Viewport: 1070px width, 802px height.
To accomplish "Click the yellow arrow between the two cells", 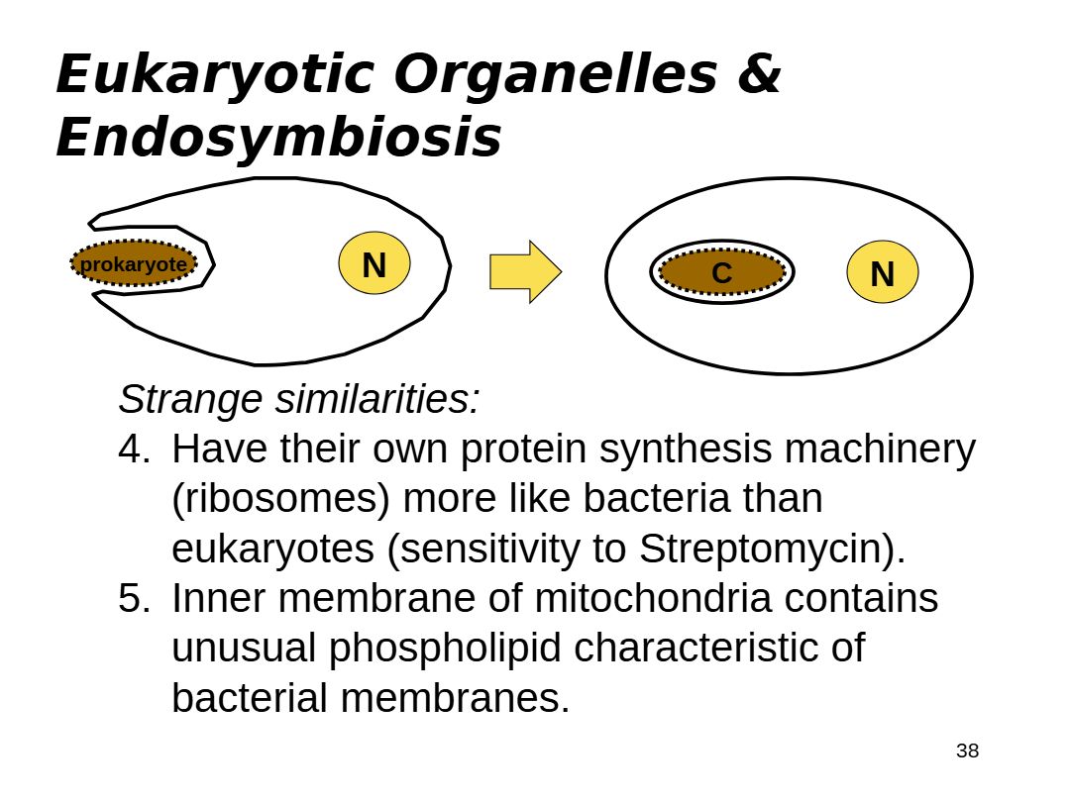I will click(x=524, y=271).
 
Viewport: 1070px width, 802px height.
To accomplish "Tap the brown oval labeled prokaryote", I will click(x=134, y=264).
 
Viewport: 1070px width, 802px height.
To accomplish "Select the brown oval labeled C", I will click(x=721, y=272).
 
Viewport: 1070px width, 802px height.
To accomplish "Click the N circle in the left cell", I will click(x=374, y=264).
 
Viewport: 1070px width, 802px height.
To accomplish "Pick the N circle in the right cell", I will click(x=882, y=272).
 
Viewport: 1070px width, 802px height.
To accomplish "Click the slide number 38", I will click(x=967, y=751).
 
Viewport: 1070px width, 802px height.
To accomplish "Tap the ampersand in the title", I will click(x=759, y=74).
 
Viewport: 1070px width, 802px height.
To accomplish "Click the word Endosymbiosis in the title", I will click(x=278, y=137).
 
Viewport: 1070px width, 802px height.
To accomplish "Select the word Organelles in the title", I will click(x=555, y=74).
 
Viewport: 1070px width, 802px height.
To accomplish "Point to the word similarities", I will click(x=377, y=399).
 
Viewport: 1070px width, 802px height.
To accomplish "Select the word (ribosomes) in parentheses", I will click(x=280, y=499).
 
